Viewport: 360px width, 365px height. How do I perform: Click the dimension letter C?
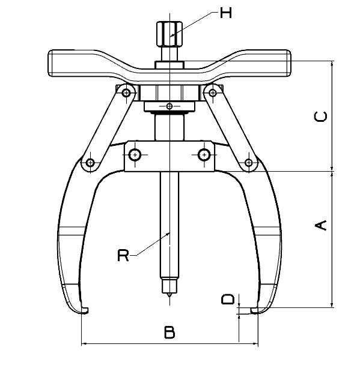click(321, 117)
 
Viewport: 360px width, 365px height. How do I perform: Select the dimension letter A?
click(321, 225)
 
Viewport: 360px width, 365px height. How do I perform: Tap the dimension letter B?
click(170, 331)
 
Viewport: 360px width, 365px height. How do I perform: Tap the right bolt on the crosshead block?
click(204, 154)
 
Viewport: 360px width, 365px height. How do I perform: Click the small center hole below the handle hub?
click(170, 106)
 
